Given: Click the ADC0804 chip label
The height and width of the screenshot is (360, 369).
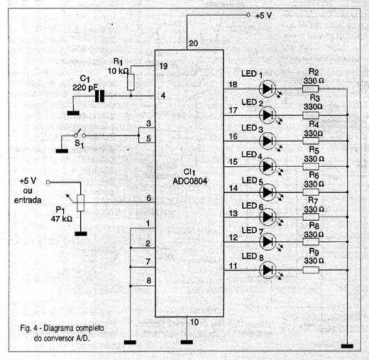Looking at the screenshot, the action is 190,181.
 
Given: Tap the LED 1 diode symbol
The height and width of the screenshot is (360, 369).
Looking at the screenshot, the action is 268,89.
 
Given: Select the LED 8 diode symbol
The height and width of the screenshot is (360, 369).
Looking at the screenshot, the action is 268,270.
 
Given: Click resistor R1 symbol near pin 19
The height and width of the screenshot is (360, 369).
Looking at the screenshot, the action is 131,82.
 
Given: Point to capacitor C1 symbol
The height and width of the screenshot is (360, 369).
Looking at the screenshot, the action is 99,96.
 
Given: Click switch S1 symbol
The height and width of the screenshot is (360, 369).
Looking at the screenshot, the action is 79,133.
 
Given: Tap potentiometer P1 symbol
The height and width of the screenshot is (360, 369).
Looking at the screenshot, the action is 81,203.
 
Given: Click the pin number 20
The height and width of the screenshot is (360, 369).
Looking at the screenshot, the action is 194,43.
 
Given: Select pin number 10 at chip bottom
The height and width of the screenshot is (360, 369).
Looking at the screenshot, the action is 194,322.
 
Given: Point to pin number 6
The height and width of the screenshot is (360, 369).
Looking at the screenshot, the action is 149,198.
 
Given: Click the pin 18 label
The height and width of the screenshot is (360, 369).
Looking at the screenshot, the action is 233,84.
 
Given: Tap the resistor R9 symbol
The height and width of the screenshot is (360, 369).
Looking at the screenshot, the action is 311,270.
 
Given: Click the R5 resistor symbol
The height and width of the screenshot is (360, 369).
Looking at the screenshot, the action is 311,167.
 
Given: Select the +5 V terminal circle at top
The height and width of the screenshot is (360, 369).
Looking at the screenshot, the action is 248,15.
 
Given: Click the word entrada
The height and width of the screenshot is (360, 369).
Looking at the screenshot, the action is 28,200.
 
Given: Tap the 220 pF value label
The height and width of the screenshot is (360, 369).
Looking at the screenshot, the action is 85,88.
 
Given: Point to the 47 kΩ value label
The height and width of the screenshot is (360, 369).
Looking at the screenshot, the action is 62,219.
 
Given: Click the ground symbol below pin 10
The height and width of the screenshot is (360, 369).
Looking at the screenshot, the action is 187,342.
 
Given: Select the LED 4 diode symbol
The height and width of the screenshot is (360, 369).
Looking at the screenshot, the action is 268,167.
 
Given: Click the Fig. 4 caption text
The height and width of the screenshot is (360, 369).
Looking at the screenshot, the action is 62,333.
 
